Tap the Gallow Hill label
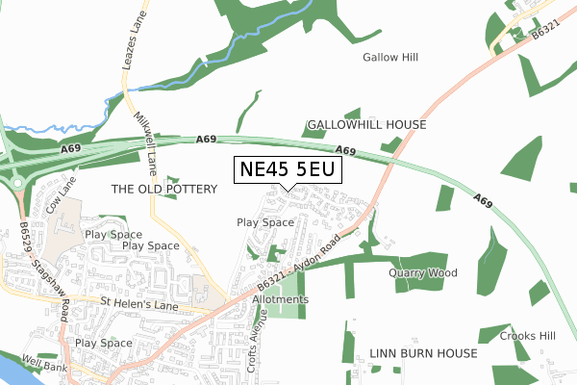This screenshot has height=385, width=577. coord(390,58)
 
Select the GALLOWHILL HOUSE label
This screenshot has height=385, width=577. coord(365,125)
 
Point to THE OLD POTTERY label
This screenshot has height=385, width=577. coord(164,190)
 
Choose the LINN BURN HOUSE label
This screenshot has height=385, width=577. coord(423,354)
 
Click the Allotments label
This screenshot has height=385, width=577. coord(280,299)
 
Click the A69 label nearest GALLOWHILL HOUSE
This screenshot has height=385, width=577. coord(347,151)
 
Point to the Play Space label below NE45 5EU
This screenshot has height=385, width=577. coord(265,222)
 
